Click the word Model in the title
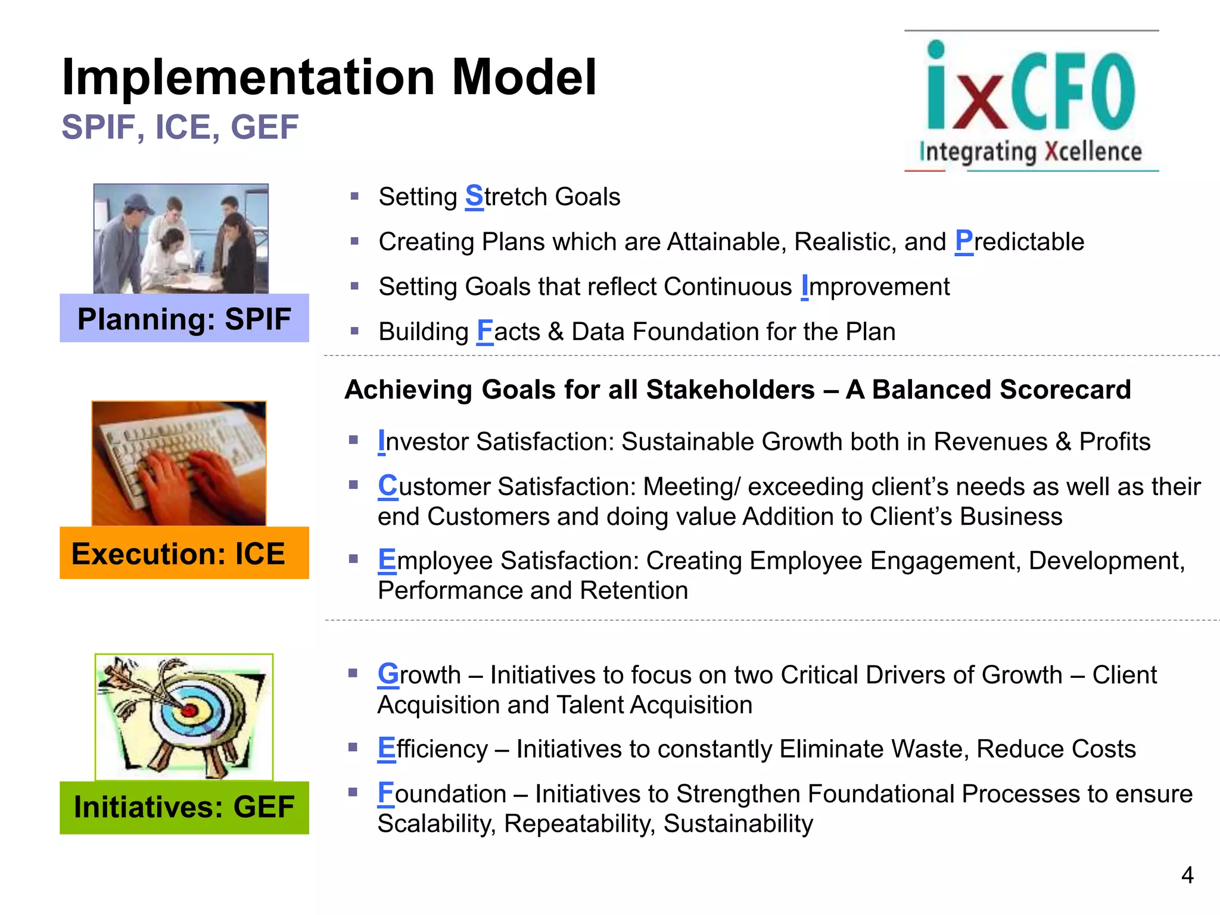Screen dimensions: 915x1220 click(524, 77)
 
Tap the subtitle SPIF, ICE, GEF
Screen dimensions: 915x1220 click(180, 127)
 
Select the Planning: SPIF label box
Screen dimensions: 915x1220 click(184, 319)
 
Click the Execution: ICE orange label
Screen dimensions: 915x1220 click(184, 553)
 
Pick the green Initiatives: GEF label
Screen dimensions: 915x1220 click(184, 807)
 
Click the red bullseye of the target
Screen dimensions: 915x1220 click(189, 710)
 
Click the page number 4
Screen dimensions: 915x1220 click(1187, 875)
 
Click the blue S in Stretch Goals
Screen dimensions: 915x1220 click(474, 197)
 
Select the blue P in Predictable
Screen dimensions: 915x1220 click(963, 241)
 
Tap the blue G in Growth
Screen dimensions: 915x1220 click(388, 674)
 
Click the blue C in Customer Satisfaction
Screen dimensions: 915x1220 click(387, 486)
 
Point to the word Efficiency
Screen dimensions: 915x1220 click(433, 749)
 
